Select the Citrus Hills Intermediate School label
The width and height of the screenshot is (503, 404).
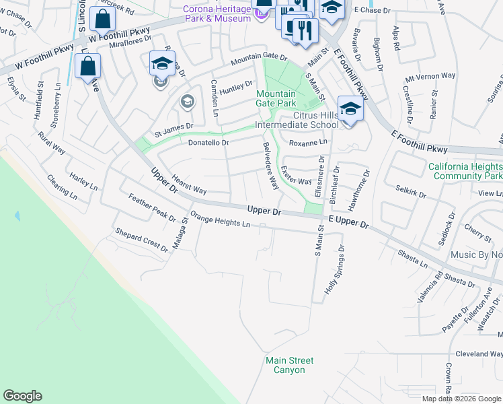(297, 120)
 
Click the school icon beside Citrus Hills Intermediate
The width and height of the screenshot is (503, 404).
(350, 108)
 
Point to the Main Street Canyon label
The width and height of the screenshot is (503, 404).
(289, 366)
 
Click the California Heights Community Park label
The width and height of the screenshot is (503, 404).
(465, 171)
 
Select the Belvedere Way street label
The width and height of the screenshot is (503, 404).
(270, 172)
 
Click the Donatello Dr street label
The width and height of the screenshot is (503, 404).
(208, 143)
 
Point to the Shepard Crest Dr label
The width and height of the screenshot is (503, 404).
(142, 239)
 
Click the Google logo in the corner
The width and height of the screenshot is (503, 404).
(22, 396)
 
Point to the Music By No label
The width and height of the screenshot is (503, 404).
(476, 255)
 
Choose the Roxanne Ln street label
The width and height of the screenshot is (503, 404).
(308, 143)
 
